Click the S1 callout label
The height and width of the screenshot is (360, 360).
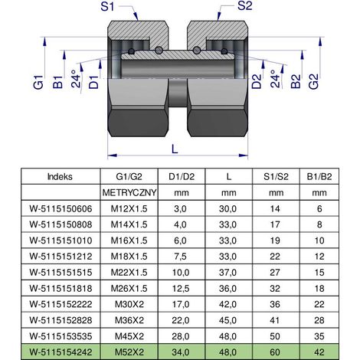107,6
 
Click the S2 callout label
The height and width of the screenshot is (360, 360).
244,6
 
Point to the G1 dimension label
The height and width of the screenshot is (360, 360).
38,82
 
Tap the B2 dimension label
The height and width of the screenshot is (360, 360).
296,81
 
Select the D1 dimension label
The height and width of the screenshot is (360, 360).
93,82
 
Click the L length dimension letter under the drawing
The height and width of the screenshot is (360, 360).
175,149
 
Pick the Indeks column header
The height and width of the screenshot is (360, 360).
60,176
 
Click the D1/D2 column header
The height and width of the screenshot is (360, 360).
182,176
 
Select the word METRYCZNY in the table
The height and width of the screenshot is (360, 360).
129,192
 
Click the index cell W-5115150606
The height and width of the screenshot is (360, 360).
61,209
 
